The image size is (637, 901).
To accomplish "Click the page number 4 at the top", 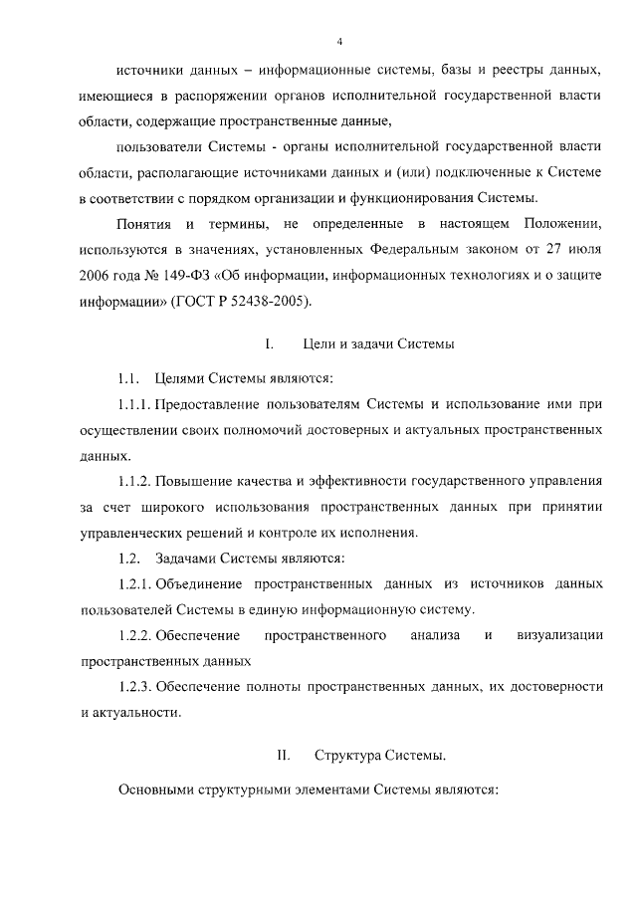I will point(339,41).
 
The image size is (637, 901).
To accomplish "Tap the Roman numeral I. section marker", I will point(269,345).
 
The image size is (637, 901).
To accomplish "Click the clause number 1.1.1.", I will point(133,404).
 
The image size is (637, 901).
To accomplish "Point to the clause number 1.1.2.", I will point(133,482).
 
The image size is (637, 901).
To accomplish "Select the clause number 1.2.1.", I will point(133,582).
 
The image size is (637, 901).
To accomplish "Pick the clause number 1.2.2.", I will point(133,634).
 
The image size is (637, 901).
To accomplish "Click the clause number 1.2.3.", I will point(133,686).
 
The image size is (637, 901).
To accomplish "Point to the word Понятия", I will point(144,221).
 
